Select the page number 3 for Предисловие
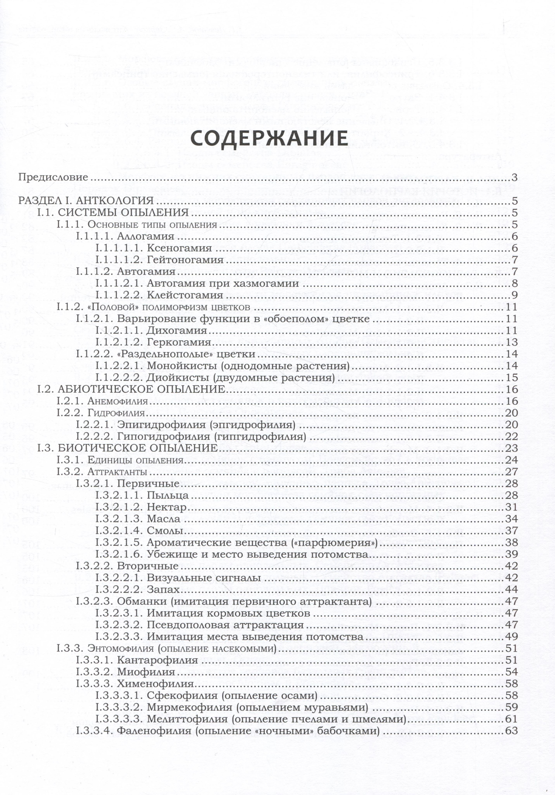click(x=514, y=178)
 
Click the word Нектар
click(x=167, y=507)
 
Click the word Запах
click(x=163, y=589)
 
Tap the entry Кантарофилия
click(x=157, y=660)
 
